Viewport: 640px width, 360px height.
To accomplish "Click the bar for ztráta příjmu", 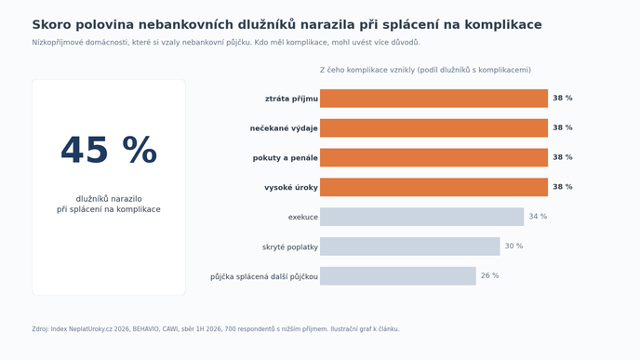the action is [433, 99].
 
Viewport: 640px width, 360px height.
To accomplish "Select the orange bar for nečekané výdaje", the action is [433, 128].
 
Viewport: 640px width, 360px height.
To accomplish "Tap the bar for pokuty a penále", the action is [433, 157].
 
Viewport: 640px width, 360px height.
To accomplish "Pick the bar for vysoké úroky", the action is [433, 187].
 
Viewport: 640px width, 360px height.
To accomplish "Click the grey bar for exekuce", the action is [421, 217].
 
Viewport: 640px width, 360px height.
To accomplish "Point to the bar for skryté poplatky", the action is [410, 247].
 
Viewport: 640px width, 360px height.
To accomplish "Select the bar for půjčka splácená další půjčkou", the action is [398, 276].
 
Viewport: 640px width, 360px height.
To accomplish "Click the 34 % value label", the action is [538, 217].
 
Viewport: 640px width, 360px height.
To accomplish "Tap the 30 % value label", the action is [513, 246].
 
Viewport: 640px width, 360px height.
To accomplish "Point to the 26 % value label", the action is [490, 275].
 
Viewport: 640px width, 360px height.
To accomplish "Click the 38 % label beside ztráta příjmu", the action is [563, 98].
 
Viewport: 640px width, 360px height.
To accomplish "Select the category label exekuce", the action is [303, 217].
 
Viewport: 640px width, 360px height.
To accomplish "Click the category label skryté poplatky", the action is [290, 247].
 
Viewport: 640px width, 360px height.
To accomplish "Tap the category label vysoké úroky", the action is [290, 188].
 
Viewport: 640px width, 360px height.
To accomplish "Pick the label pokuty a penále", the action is [285, 158].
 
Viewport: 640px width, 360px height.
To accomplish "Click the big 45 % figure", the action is [109, 150].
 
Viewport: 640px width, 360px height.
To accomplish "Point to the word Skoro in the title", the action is [52, 25].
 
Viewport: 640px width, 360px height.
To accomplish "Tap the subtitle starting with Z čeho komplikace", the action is [425, 70].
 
